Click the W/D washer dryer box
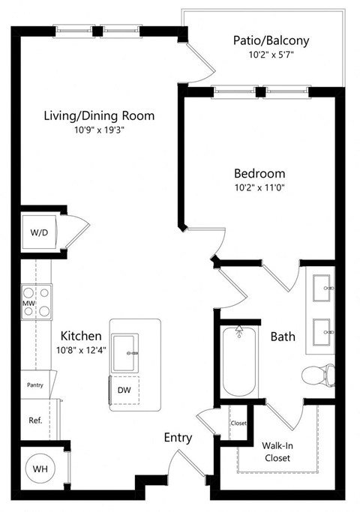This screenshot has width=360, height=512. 39,232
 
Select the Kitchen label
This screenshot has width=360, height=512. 82,335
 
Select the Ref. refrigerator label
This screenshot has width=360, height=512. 35,421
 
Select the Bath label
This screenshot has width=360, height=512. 282,337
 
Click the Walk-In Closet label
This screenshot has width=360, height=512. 277,451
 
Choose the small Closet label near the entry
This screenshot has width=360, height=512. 238,423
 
